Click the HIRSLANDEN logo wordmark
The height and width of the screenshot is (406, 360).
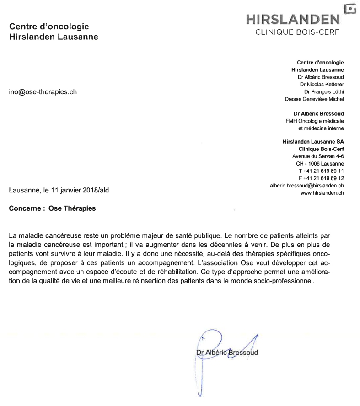[x=293, y=19]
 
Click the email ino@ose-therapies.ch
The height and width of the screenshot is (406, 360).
[x=43, y=91]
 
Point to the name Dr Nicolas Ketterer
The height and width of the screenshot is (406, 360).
[x=322, y=84]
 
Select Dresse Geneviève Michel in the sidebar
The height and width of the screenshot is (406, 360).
[x=314, y=99]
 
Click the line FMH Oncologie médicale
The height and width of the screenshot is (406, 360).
[x=314, y=121]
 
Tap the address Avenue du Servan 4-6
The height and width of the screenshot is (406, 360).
[x=318, y=156]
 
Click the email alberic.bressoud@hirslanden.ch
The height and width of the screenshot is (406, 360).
[x=307, y=186]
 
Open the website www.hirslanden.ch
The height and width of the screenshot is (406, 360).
[x=322, y=193]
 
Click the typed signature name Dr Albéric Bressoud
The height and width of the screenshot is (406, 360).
[x=227, y=353]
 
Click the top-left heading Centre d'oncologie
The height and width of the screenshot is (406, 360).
[x=49, y=27]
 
